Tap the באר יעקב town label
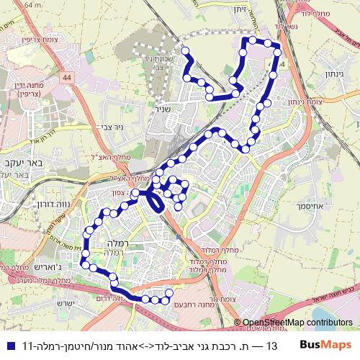(x=25, y=163)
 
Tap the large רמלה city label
(x=114, y=243)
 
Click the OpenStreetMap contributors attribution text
(x=297, y=323)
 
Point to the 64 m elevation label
(x=32, y=4)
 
